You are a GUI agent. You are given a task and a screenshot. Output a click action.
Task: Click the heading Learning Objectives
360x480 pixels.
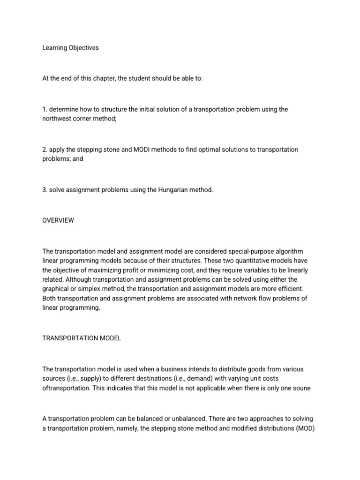pyautogui.click(x=70, y=48)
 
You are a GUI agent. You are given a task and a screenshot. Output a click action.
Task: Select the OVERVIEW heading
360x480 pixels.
pyautogui.click(x=58, y=220)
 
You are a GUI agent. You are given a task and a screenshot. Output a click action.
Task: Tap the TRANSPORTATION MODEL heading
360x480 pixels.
pyautogui.click(x=82, y=338)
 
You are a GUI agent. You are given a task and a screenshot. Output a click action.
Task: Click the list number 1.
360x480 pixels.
pyautogui.click(x=44, y=109)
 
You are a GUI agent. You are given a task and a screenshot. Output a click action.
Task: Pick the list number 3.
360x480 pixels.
pyautogui.click(x=45, y=190)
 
